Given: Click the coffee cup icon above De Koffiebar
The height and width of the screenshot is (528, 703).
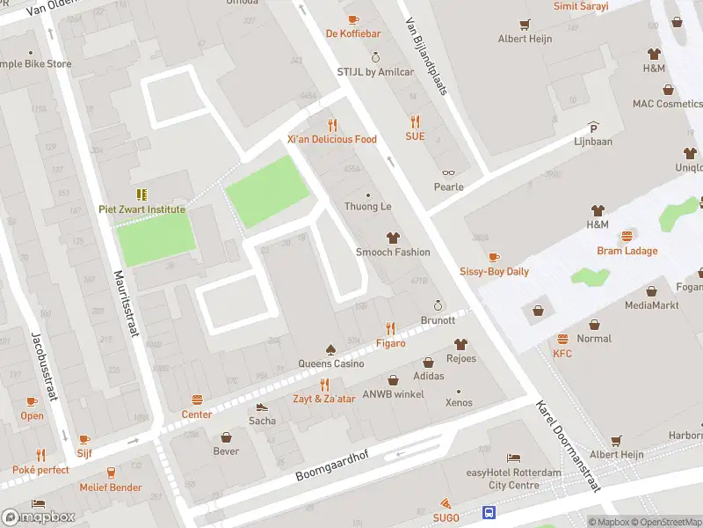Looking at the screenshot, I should click(x=353, y=19).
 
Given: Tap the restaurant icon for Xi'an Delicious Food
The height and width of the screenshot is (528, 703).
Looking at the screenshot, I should click(x=332, y=124).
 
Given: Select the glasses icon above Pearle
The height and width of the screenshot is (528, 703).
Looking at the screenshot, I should click(x=448, y=173).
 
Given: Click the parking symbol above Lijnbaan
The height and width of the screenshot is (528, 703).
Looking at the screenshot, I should click(x=593, y=127).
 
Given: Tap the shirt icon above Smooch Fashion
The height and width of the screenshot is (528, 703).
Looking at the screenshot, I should click(x=392, y=238).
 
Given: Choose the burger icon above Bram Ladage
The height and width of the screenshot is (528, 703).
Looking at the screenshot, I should click(x=627, y=237).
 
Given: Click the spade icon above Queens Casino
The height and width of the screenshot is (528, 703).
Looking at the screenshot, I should click(x=330, y=349).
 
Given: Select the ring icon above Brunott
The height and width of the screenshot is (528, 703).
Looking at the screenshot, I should click(x=437, y=306).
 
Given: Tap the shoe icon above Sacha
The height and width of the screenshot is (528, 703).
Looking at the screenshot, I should click(x=261, y=407).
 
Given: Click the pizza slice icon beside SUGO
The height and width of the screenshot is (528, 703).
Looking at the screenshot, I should click(x=447, y=503).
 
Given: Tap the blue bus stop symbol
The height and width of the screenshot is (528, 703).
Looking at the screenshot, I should click(x=488, y=512).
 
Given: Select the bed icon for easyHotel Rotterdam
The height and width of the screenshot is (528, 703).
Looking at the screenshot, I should click(x=513, y=458).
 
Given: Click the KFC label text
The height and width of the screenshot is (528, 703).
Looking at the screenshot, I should click(x=562, y=354).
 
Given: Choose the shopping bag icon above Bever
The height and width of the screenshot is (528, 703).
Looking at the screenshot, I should click(x=226, y=437).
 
